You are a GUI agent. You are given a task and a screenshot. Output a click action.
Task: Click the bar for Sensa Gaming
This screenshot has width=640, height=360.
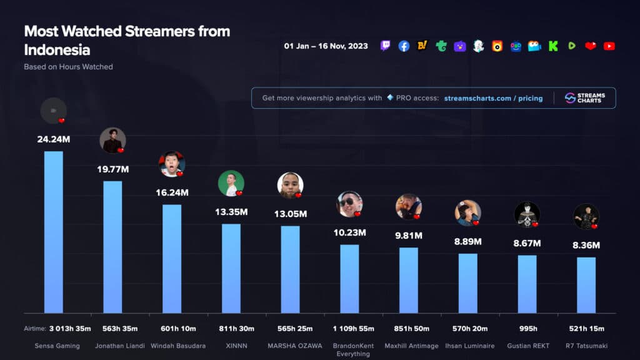click(x=53, y=232)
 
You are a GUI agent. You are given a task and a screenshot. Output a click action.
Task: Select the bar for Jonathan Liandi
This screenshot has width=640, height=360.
click(x=112, y=247)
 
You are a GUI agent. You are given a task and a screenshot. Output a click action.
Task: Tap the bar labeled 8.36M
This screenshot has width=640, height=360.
click(x=586, y=285)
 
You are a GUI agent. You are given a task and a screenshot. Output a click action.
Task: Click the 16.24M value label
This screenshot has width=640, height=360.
click(x=172, y=192)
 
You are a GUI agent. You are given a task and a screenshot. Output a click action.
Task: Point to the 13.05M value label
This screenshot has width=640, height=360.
click(x=290, y=214)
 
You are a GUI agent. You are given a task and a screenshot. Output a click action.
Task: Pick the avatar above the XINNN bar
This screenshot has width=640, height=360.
click(x=231, y=183)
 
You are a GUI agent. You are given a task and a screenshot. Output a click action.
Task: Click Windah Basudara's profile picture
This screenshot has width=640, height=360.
click(x=171, y=164)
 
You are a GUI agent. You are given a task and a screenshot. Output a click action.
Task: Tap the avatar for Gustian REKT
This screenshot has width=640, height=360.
click(x=526, y=214)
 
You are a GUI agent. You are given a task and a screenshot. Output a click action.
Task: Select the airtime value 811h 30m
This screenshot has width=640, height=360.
click(x=231, y=329)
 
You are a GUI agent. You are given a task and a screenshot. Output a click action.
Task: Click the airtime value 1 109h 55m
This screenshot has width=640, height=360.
click(x=349, y=329)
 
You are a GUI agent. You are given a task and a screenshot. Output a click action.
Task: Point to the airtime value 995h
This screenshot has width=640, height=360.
click(x=527, y=329)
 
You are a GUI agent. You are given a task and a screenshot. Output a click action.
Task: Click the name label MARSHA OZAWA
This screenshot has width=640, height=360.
click(x=290, y=346)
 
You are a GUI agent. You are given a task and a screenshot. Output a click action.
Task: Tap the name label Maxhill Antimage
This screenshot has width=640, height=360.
click(x=409, y=346)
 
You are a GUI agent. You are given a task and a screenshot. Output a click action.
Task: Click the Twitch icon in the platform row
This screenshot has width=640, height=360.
click(x=386, y=46)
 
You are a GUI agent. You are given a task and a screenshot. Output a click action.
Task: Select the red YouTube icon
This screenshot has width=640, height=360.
click(x=609, y=46)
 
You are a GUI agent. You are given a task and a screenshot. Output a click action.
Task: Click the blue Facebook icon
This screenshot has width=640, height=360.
click(x=404, y=46)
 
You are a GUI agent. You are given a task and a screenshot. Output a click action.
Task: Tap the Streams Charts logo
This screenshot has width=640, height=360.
click(x=584, y=98)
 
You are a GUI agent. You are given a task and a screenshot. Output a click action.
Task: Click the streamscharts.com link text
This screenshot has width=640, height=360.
click(x=477, y=98)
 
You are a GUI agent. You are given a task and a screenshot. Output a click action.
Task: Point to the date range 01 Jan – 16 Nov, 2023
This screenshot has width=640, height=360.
click(x=326, y=46)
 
